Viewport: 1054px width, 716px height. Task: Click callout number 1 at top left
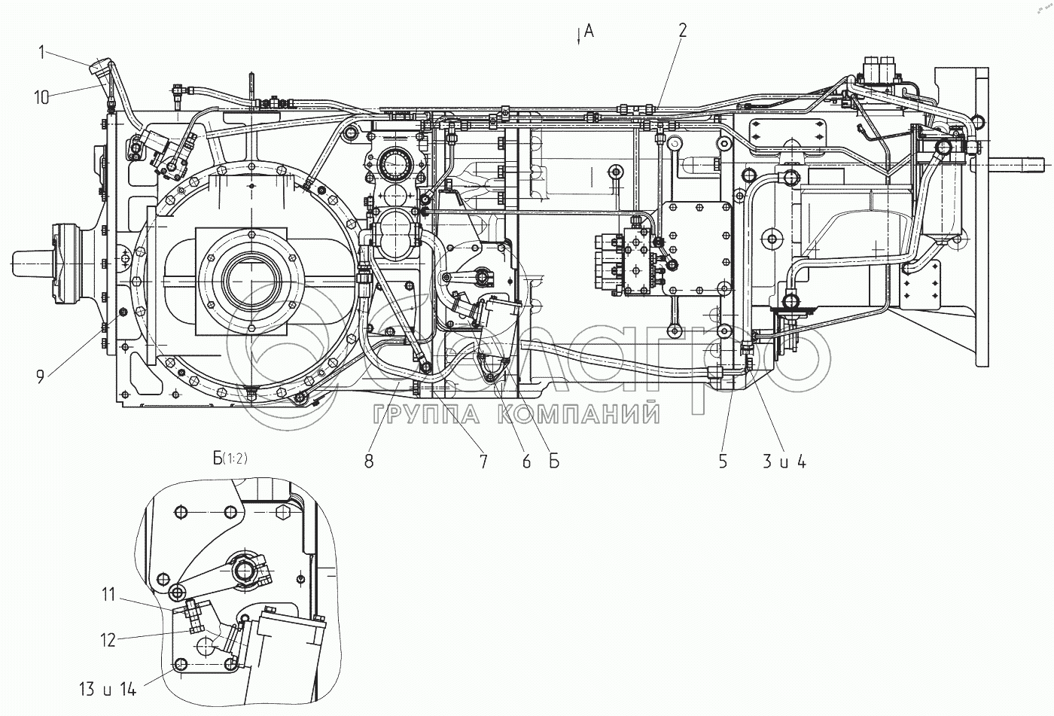(x=42, y=52)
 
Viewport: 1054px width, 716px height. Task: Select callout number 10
(x=41, y=97)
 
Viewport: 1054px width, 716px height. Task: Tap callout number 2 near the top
(x=683, y=30)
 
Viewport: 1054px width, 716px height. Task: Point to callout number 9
(x=41, y=376)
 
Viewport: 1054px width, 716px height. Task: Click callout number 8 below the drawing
(x=369, y=461)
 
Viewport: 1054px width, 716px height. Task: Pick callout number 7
(x=483, y=461)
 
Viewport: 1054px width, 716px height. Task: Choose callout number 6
(x=526, y=461)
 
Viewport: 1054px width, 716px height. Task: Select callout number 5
(x=723, y=461)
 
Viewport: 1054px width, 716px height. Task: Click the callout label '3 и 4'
(x=784, y=462)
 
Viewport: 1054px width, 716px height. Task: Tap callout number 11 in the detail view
(x=108, y=595)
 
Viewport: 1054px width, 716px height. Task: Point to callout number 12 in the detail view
(x=108, y=640)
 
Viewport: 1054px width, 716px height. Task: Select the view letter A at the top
(x=589, y=31)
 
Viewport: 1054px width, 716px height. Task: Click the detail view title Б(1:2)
(x=230, y=458)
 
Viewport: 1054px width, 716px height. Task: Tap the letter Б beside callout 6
(x=554, y=461)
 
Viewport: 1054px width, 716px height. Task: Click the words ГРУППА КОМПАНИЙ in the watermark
(x=516, y=415)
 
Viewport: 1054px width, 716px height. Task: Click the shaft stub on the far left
(x=31, y=264)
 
